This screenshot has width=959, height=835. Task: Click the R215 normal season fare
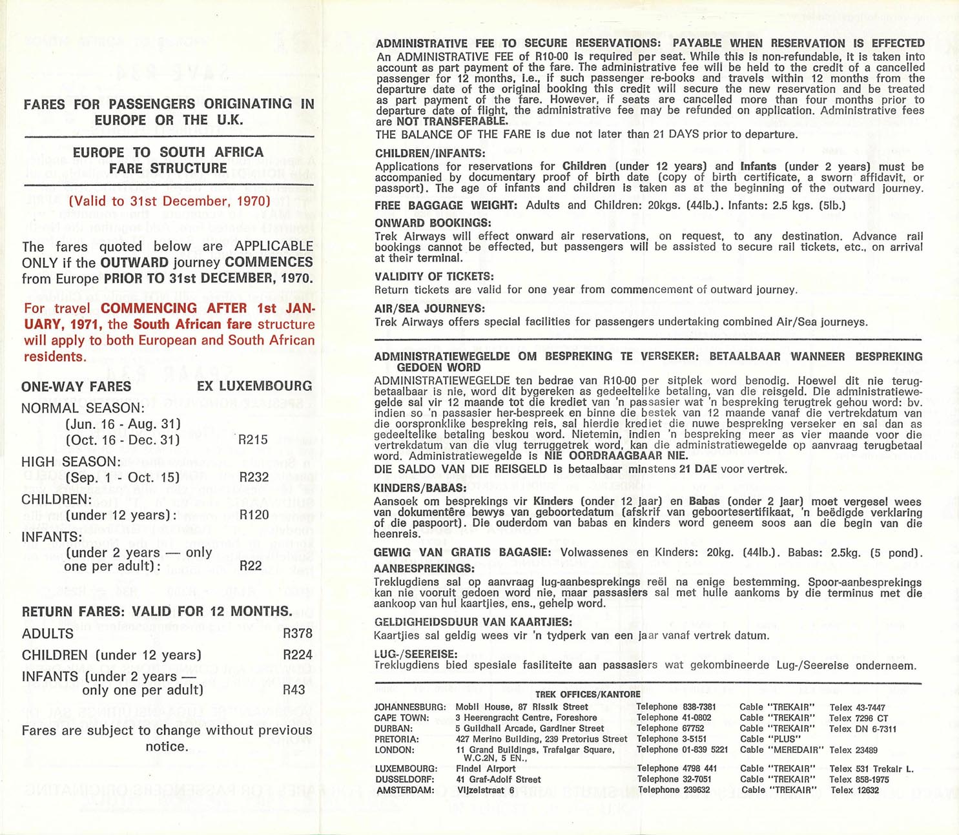coord(253,440)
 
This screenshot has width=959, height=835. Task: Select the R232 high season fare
coord(253,478)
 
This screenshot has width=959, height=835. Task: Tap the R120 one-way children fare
coord(253,515)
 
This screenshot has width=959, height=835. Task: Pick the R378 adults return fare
coord(297,634)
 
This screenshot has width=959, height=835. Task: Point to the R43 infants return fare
coord(294,690)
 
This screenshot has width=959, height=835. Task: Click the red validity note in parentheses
coord(169,201)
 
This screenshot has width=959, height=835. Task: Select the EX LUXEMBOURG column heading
coord(254,386)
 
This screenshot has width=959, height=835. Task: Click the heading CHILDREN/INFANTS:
coord(429,154)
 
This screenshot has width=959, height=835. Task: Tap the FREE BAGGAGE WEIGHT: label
coord(446,205)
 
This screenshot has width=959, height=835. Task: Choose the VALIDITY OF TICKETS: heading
coord(434,277)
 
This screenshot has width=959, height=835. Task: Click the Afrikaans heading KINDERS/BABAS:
coord(420,488)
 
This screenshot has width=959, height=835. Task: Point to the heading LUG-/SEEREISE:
coord(415,654)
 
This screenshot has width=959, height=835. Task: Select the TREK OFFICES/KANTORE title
coord(588,695)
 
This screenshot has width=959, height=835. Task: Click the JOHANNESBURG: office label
coord(409,708)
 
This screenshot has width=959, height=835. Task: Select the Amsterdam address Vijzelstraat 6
coord(485,790)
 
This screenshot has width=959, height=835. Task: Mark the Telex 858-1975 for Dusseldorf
coord(859,779)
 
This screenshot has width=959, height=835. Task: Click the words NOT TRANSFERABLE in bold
coord(451,121)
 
